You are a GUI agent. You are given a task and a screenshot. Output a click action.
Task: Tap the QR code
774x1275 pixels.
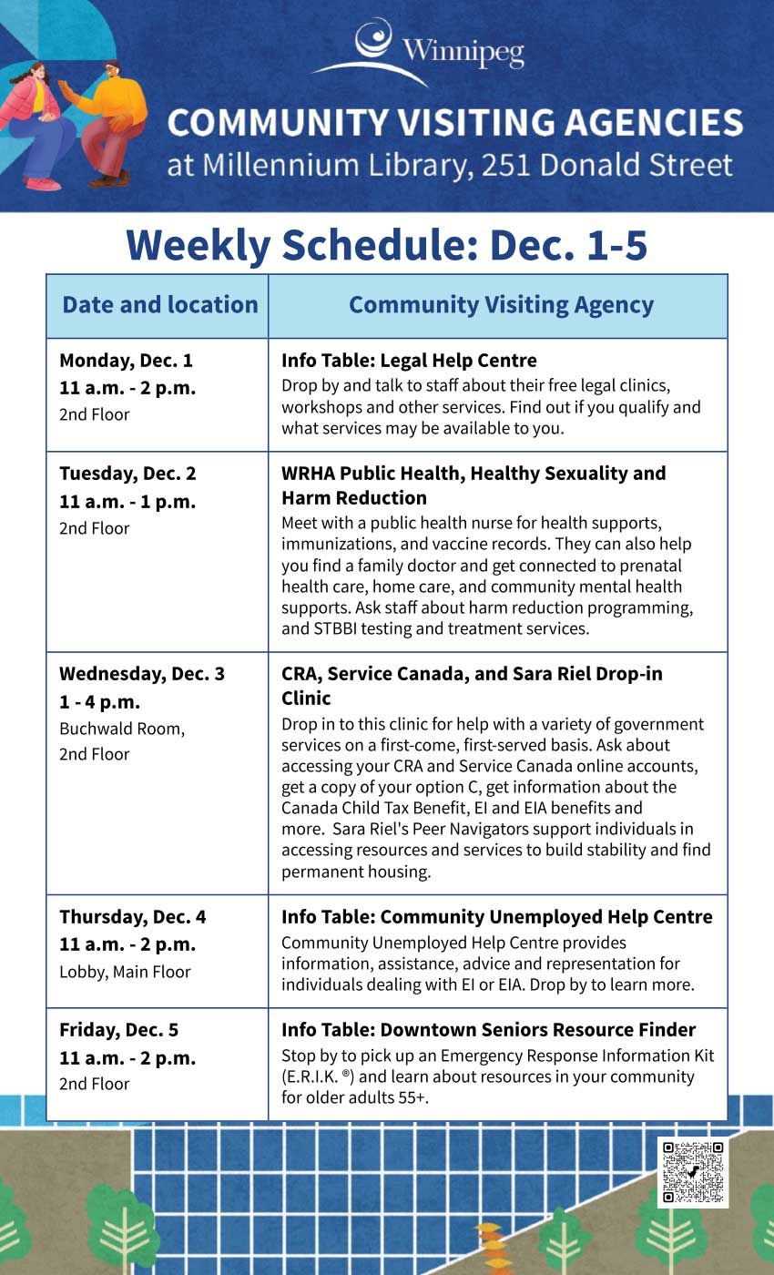693,1172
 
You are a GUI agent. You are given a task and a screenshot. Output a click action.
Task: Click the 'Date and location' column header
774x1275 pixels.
159,305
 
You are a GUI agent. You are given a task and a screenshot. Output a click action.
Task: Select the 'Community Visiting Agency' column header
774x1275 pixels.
501,305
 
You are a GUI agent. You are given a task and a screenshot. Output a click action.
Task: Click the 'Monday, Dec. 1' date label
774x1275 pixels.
126,360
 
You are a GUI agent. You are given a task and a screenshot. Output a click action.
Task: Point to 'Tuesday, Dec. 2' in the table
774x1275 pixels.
127,474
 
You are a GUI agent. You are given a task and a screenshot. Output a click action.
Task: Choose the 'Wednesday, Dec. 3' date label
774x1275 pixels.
142,674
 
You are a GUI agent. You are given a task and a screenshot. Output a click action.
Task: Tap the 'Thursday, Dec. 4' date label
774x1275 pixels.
133,917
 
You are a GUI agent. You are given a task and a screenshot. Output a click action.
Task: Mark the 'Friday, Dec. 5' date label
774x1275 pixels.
118,1030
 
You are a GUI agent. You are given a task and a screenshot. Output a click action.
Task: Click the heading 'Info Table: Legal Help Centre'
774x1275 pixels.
409,361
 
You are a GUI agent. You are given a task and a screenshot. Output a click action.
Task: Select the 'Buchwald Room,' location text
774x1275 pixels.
122,729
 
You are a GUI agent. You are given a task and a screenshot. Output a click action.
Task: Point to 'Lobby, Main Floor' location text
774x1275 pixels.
125,972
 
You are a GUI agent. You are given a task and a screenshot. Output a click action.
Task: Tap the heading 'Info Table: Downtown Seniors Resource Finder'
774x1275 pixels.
488,1030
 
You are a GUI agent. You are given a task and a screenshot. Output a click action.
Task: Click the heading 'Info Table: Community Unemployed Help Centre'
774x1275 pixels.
496,917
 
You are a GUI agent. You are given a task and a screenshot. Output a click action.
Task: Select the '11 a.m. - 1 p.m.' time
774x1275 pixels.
127,502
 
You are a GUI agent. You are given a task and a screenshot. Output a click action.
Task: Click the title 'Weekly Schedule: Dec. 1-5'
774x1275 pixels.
387,245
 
